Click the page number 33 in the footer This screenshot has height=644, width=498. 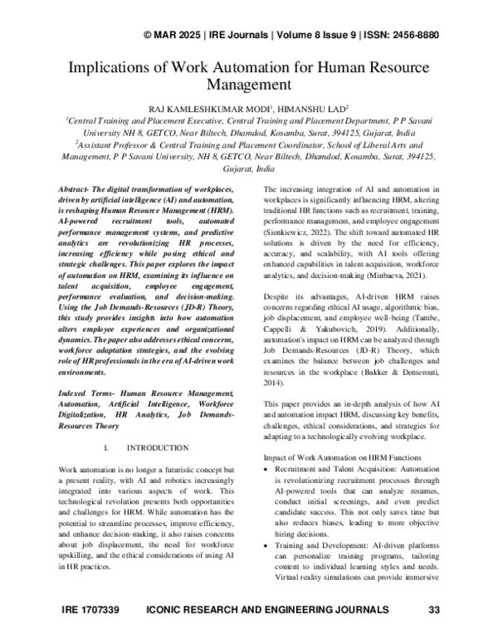click(432, 634)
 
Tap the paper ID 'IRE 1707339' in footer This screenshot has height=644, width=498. click(91, 634)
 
